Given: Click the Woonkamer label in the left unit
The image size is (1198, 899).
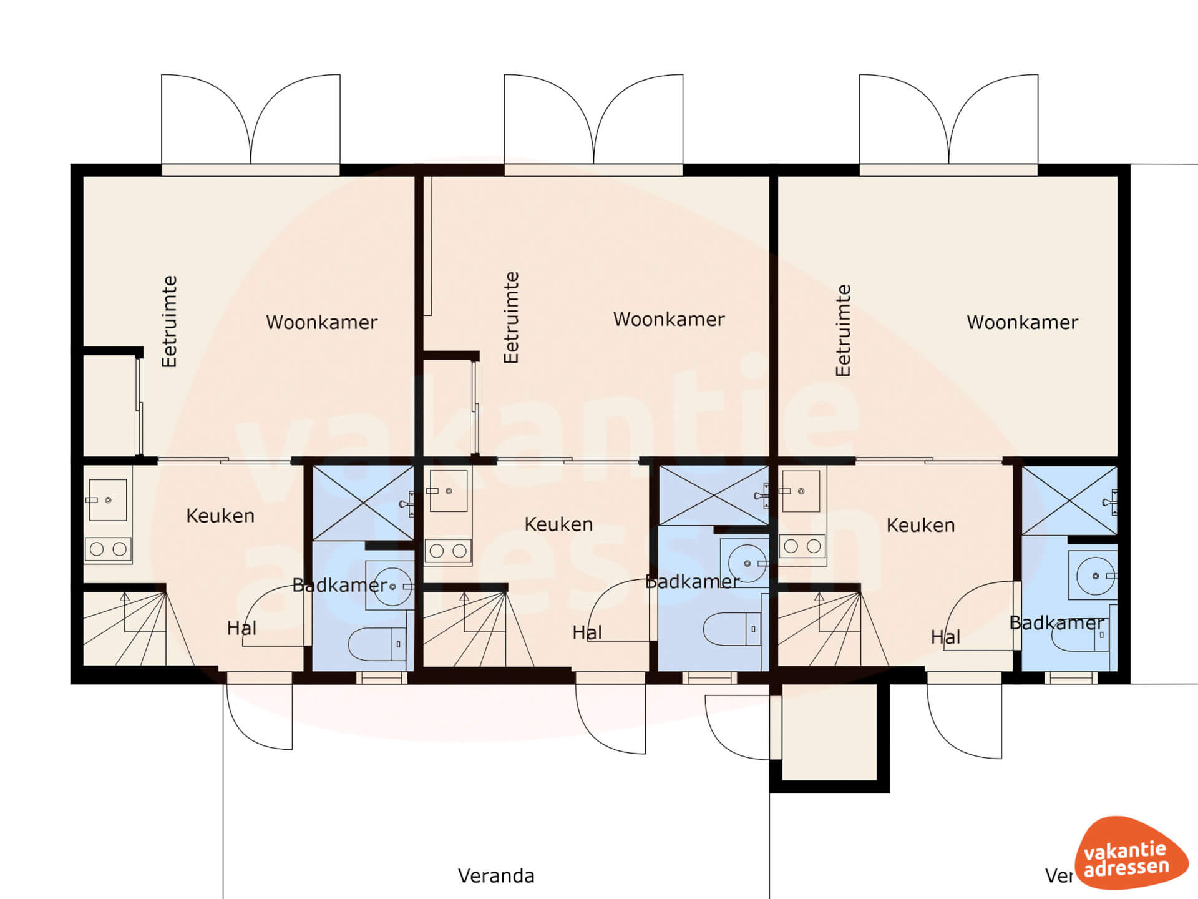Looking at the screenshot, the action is pos(322,322).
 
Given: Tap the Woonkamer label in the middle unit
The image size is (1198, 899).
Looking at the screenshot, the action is pos(669,319).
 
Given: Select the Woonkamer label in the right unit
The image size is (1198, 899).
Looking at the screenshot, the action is pos(1023,322).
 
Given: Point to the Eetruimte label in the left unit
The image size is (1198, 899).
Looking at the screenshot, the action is pos(170,322).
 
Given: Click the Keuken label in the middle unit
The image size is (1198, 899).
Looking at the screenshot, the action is pos(558,524).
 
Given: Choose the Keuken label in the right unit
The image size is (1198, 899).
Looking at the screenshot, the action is pos(920,525).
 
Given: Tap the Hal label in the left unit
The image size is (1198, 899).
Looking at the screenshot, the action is pos(241,628).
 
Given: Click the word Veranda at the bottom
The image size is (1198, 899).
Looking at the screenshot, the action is pos(496,876).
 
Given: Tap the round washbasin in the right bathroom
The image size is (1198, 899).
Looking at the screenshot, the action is pos(1095,576).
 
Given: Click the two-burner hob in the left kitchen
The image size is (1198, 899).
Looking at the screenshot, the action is pos(108,549).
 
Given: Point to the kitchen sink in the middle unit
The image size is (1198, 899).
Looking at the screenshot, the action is pos(448,491).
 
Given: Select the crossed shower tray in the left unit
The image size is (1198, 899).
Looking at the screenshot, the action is pos(363,503).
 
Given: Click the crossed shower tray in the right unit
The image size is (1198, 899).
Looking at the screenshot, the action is pos(1069,501).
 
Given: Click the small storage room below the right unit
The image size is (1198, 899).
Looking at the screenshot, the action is pos(829,732).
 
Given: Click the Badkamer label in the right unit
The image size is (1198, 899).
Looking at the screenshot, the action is pos(1056,623).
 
